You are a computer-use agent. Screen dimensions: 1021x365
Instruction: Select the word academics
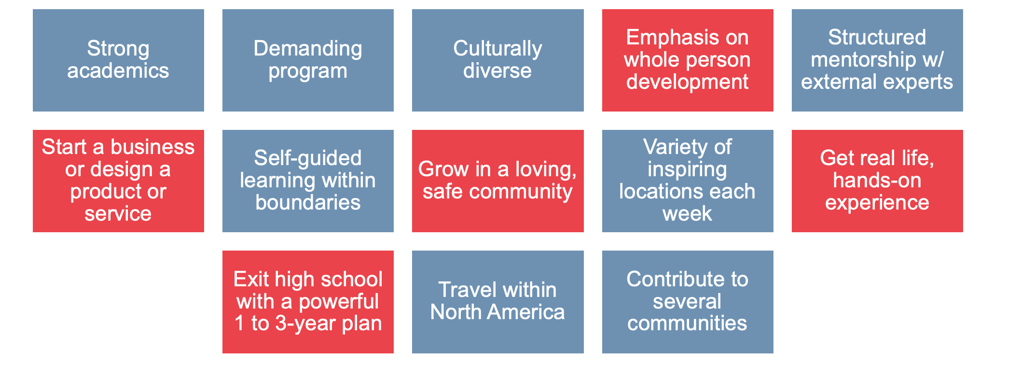coord(118,70)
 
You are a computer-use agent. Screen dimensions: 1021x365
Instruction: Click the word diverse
coord(497,70)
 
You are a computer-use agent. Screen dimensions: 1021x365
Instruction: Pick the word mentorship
coord(863,60)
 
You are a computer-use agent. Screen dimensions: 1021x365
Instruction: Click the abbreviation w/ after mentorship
coord(933,60)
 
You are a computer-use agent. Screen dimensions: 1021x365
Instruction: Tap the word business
coord(152,147)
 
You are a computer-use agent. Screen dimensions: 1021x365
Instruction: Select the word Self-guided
coord(308,158)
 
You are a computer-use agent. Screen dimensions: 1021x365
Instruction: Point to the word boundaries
coord(308,202)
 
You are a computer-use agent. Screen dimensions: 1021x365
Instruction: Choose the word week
coord(687,213)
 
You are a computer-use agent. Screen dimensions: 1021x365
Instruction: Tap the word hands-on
coord(877,180)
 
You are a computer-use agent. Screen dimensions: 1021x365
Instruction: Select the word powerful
coord(339,302)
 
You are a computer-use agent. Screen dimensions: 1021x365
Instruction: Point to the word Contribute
coord(687,279)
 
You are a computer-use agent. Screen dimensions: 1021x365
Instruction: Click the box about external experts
coord(877,60)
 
